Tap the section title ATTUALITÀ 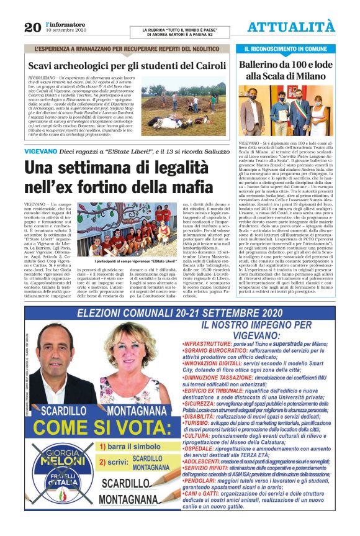[x=291, y=26]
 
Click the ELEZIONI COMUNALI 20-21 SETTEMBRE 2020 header [x=179, y=314]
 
